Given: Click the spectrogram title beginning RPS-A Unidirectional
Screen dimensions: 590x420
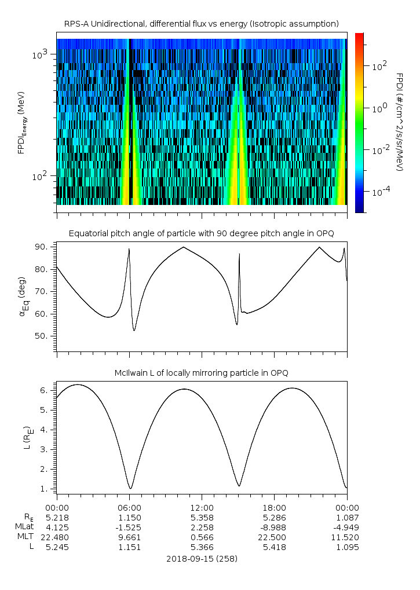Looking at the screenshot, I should (x=201, y=24).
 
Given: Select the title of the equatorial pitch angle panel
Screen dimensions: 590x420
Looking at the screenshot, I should (x=201, y=233).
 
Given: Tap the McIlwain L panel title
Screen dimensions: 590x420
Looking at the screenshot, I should (x=201, y=372).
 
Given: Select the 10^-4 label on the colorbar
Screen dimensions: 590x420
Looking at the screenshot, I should (x=379, y=191).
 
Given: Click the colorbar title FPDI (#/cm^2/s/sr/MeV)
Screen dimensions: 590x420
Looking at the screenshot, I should (x=399, y=122).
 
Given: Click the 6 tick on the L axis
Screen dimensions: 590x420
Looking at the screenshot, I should (x=49, y=390).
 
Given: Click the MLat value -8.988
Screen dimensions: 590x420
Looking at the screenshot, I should (x=274, y=526).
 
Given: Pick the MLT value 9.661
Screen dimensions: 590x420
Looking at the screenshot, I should (x=129, y=536).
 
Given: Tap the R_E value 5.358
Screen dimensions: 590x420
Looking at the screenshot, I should (x=202, y=516).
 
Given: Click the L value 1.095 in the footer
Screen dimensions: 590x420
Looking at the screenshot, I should (x=346, y=546).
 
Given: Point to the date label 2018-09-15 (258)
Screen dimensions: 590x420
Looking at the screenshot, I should (x=201, y=559).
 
